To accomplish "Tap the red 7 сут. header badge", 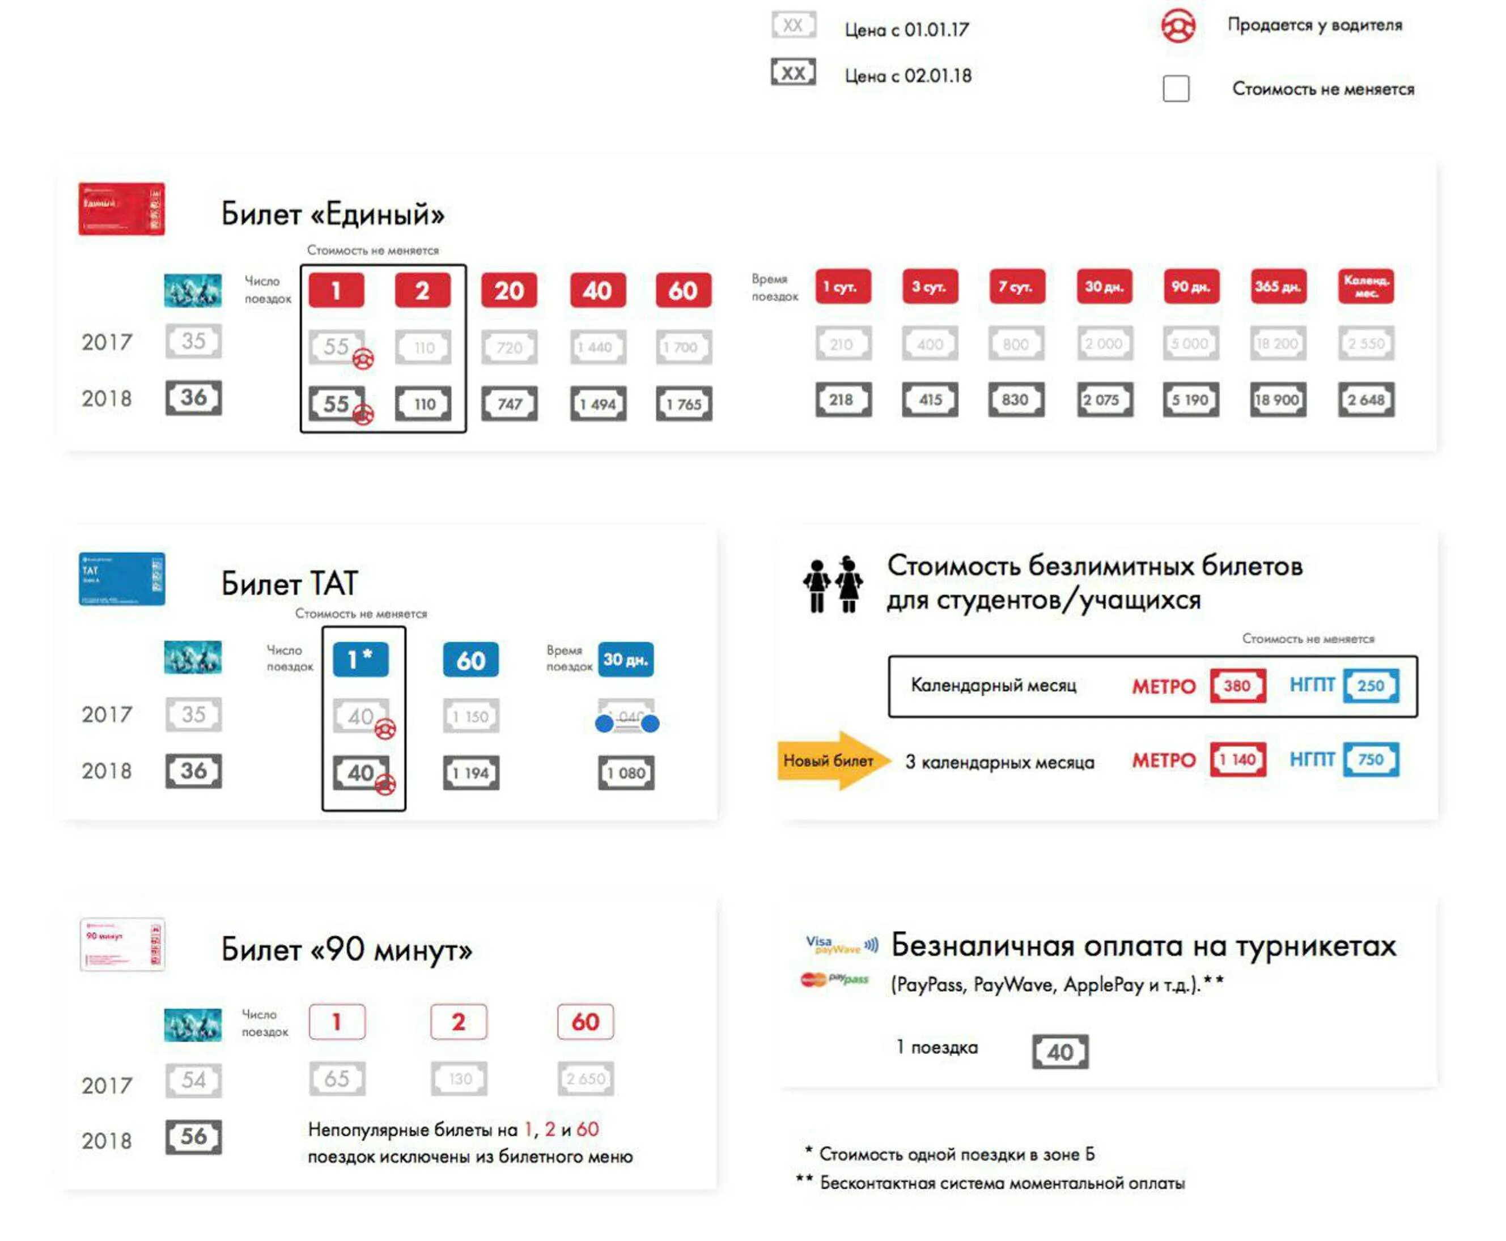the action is coord(1016,287).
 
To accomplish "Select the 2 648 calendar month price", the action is coord(1366,399).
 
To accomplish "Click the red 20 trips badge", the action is coord(508,290).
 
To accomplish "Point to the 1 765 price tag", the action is coord(684,404).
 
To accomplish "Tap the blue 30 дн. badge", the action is coord(625,659).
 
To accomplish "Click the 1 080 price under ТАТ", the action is coord(626,773).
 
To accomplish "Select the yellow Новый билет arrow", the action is coord(833,760).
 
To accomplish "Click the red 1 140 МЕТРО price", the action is coord(1238,759).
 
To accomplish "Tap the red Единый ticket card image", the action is coord(121,209).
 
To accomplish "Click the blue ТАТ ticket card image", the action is coord(121,579).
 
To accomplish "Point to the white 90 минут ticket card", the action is coord(121,944).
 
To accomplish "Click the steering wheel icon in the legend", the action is coord(1177,27).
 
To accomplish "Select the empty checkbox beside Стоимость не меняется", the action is coord(1176,88).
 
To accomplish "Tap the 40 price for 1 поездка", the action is coord(1060,1052).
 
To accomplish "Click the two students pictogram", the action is coord(833,584).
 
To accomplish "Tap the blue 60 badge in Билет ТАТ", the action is coord(470,660).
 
